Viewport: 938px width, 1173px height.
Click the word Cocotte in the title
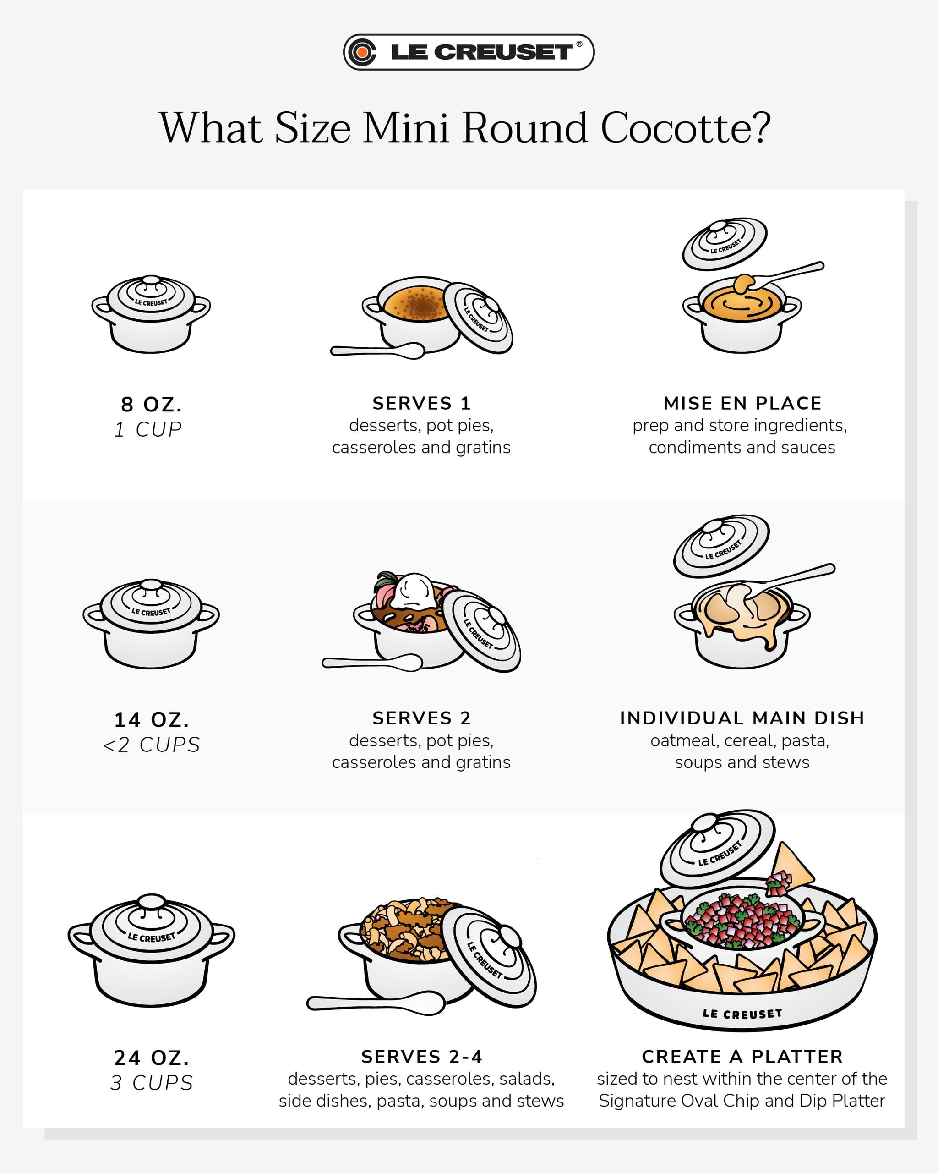tap(685, 128)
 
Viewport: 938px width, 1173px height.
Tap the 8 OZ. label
tap(151, 405)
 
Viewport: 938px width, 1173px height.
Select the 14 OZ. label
tap(152, 720)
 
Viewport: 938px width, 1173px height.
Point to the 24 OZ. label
tap(152, 1058)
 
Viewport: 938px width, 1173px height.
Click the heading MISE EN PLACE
tap(742, 403)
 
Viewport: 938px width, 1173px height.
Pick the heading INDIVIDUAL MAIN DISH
tap(742, 718)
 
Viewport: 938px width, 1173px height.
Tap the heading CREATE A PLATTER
tap(742, 1057)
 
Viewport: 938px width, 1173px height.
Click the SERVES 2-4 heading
tap(421, 1057)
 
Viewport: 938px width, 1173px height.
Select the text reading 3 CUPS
tap(152, 1083)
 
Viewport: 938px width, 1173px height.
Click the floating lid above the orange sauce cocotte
tap(725, 244)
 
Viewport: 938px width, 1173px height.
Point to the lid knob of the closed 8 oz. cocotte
tap(151, 281)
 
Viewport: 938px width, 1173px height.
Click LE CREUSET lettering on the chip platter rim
tap(742, 1013)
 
